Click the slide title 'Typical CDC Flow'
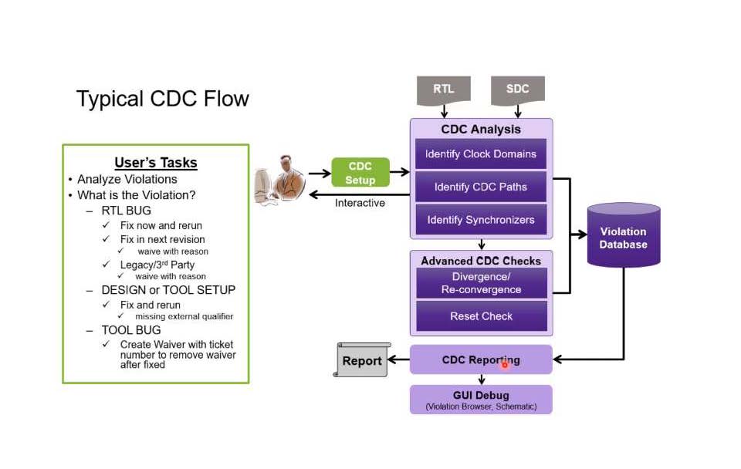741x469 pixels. tap(162, 99)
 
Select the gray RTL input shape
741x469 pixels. tap(443, 89)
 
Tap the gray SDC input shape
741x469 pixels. tap(517, 89)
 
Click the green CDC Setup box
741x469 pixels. tap(360, 173)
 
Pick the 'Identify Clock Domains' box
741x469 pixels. tap(481, 154)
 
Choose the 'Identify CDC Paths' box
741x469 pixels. tap(481, 187)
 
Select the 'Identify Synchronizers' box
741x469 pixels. tap(481, 220)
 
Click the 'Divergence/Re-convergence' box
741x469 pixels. tap(481, 283)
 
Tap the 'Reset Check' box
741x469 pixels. tap(481, 316)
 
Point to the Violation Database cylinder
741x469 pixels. tap(623, 236)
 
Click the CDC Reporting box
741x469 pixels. tap(481, 359)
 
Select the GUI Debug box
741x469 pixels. tap(481, 400)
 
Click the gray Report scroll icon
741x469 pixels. tap(362, 360)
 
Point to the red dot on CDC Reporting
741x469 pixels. tap(505, 364)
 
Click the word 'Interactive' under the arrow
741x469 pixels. tap(360, 203)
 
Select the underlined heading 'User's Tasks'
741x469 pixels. tap(156, 163)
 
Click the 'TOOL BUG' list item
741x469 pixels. tap(131, 330)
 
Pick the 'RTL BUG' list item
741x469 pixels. tap(126, 210)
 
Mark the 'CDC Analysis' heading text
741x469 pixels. tap(481, 130)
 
